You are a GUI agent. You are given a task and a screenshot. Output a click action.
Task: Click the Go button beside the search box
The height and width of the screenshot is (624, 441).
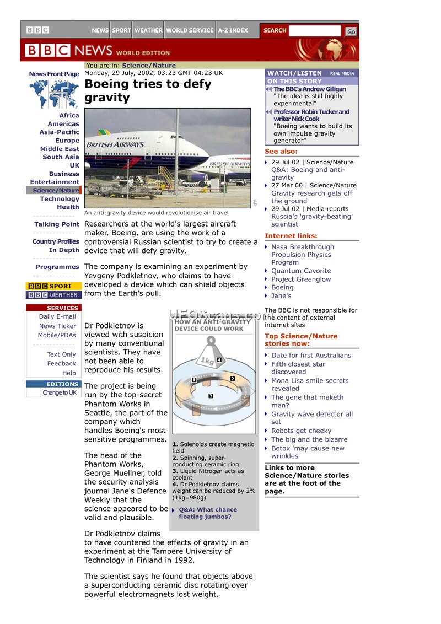pos(351,31)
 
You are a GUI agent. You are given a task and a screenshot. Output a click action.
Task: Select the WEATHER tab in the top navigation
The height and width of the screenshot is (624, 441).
pos(148,30)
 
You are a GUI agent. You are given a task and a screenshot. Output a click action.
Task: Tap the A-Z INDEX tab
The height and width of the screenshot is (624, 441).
pos(233,30)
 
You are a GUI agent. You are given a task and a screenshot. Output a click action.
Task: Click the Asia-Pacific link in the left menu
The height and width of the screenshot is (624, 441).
pos(59,132)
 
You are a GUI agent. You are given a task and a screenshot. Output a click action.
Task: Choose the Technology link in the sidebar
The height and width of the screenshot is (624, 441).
pos(60,199)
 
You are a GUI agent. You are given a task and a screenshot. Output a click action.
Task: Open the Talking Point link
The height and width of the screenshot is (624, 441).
pos(56,224)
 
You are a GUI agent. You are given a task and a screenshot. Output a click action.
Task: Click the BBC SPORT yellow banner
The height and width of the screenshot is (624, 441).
pos(53,286)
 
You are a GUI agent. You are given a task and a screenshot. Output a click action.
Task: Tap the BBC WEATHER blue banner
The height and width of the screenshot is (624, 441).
pos(53,295)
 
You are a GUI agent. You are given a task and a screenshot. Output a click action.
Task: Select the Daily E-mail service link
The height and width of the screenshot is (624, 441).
pos(57,317)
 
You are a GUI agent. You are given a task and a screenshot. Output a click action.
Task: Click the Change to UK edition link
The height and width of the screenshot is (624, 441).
pos(60,393)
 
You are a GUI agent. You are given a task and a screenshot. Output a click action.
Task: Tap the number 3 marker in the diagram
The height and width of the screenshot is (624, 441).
pos(211,396)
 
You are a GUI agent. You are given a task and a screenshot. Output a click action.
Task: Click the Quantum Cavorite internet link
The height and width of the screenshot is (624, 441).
pos(301,271)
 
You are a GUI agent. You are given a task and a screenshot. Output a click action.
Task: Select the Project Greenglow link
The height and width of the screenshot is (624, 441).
pos(301,279)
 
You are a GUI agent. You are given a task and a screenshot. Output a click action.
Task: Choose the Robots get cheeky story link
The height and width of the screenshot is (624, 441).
pos(301,431)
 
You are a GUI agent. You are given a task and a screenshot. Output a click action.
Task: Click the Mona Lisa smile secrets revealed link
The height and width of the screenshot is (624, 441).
pos(309,385)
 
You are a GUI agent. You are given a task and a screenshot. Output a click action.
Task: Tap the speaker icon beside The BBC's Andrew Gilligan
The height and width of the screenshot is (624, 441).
pos(269,89)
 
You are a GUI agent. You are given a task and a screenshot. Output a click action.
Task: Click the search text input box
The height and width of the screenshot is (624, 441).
pos(315,31)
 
